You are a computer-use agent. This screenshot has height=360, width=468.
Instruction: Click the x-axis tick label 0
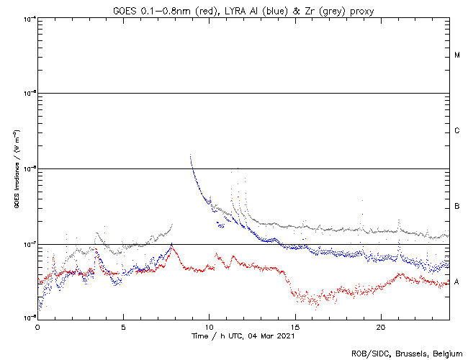pyautogui.click(x=37, y=326)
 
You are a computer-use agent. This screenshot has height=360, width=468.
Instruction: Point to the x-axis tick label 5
pyautogui.click(x=123, y=326)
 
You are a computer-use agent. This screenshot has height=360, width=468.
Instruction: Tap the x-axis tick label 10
pyautogui.click(x=209, y=326)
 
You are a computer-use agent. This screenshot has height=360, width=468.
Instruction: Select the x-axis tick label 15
pyautogui.click(x=295, y=326)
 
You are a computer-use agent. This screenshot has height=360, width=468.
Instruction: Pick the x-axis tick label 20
pyautogui.click(x=381, y=326)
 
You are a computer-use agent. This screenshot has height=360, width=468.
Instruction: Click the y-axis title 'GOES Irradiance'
pyautogui.click(x=16, y=168)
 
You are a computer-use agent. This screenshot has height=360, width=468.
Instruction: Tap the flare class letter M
pyautogui.click(x=457, y=55)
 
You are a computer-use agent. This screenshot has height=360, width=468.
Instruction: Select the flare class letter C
pyautogui.click(x=457, y=131)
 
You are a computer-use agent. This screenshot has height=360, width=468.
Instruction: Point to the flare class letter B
pyautogui.click(x=457, y=207)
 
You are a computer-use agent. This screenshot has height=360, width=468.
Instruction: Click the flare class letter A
pyautogui.click(x=457, y=282)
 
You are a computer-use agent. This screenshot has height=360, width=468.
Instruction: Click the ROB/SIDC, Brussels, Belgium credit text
pyautogui.click(x=407, y=353)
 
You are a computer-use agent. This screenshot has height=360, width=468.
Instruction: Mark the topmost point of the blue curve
pyautogui.click(x=190, y=156)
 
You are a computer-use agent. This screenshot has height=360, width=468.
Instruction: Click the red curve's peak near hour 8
pyautogui.click(x=171, y=247)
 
